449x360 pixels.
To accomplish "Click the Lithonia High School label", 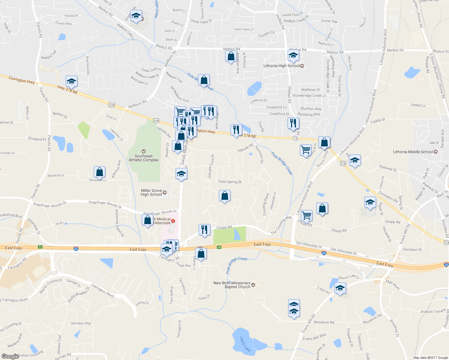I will (282, 66).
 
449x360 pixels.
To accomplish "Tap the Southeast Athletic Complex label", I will (143, 158).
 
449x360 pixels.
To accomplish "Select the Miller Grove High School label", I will (152, 193).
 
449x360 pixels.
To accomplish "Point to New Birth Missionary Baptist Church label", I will (232, 285).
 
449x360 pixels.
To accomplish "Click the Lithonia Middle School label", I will (413, 152).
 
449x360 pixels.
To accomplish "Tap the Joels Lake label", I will (245, 344).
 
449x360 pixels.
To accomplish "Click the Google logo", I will (10, 356).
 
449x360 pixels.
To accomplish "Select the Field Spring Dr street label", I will (230, 182).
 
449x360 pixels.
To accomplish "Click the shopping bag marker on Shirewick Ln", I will (99, 172).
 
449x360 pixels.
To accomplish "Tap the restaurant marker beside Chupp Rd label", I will (204, 230).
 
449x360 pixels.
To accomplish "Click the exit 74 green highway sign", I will (219, 247).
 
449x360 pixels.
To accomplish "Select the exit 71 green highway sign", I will (40, 247).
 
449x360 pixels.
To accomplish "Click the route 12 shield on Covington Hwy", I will (296, 138).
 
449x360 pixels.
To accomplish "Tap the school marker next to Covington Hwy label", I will (71, 81).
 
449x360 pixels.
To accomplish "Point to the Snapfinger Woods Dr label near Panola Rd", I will (50, 204).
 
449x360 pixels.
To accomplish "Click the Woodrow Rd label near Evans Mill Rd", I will (324, 322).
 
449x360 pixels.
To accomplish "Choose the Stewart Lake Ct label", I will (349, 277).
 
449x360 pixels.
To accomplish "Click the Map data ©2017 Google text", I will (430, 358).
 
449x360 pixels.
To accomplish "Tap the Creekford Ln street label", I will (276, 107).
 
